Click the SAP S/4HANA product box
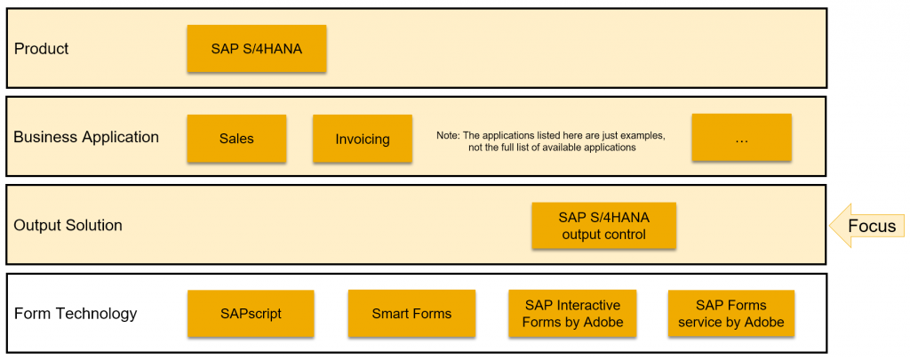(257, 49)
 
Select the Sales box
(236, 138)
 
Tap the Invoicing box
(363, 138)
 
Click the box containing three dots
(741, 138)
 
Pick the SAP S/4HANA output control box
(603, 226)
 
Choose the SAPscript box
(251, 314)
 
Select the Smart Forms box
(411, 314)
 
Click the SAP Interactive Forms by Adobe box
(572, 314)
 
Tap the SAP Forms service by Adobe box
(731, 314)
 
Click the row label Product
(41, 49)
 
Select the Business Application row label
(86, 137)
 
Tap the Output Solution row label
(68, 225)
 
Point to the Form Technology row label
(76, 314)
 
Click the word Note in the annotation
(446, 135)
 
